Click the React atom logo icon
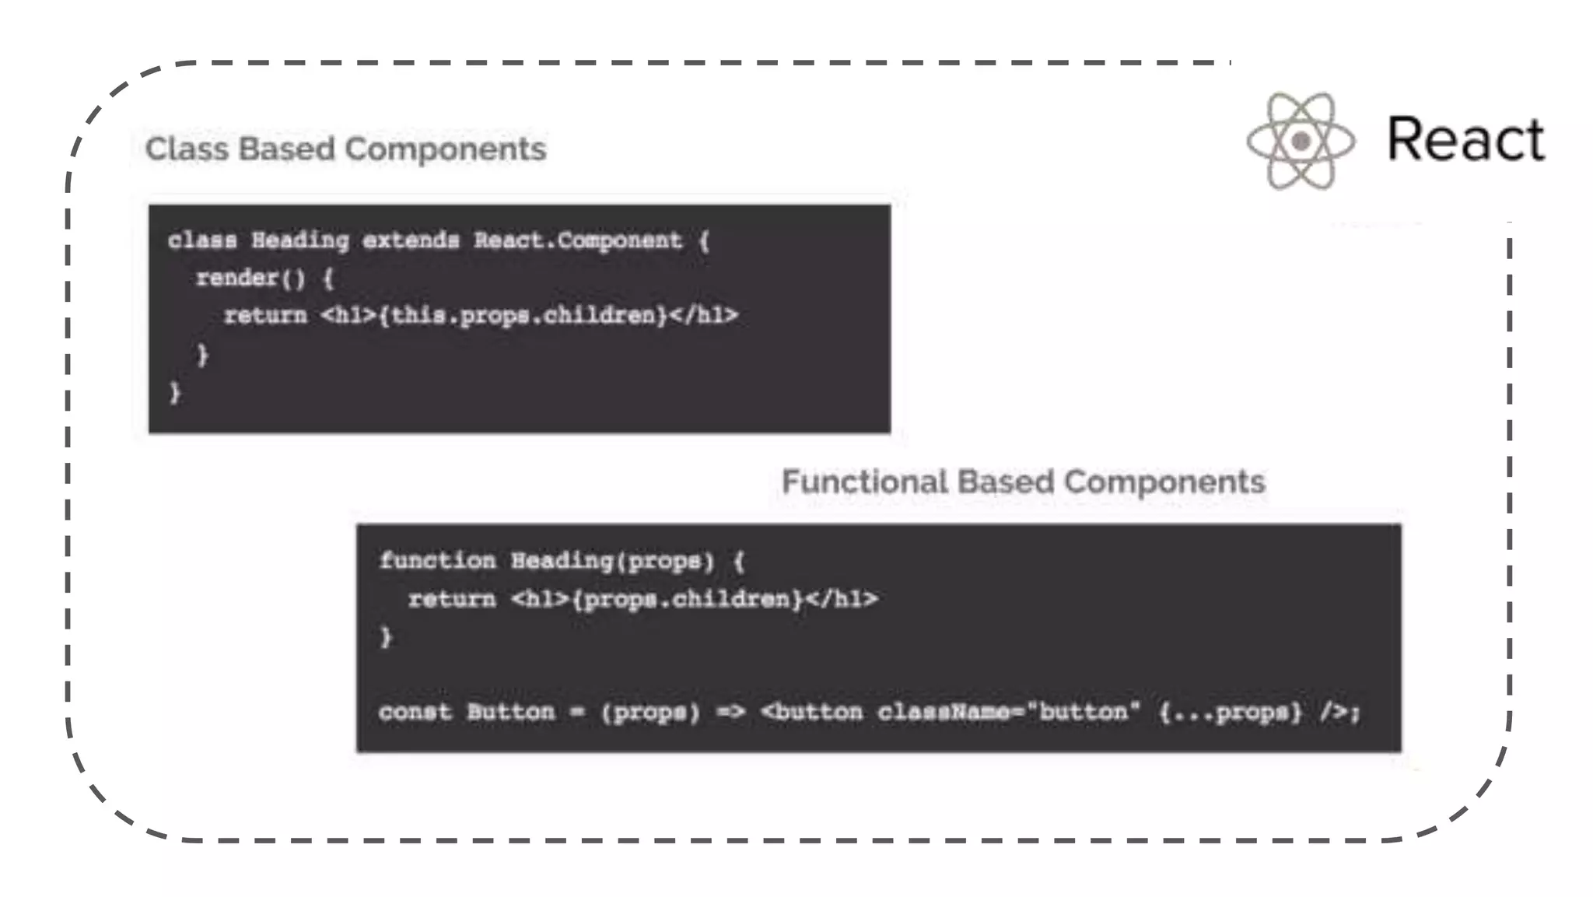[1301, 141]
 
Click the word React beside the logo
[1465, 140]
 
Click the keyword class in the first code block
[202, 240]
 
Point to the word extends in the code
[411, 240]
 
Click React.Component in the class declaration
[578, 240]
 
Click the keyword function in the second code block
[437, 561]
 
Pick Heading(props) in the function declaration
[612, 561]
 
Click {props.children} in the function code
[688, 599]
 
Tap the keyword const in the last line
[415, 712]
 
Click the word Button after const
[510, 712]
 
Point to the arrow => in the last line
[730, 712]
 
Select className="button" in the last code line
[1009, 712]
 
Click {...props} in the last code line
[1230, 712]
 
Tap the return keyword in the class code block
[265, 316]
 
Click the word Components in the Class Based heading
[446, 149]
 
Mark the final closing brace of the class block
[175, 392]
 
